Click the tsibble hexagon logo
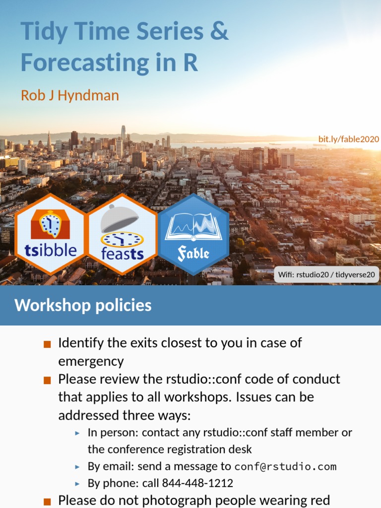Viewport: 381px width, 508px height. click(x=51, y=234)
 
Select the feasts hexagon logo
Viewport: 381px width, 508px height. click(x=122, y=234)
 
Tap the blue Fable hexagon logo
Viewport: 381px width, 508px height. click(x=193, y=234)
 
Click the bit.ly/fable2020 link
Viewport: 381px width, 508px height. click(x=349, y=139)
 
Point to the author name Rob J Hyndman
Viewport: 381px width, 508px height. click(x=70, y=95)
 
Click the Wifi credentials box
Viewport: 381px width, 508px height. click(x=326, y=274)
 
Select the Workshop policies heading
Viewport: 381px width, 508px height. click(x=83, y=305)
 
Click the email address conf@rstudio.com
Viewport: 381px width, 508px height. click(x=285, y=466)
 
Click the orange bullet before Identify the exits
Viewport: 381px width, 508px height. click(x=48, y=344)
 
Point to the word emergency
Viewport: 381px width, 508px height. click(x=91, y=361)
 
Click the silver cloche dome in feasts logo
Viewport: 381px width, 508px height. click(x=120, y=218)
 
